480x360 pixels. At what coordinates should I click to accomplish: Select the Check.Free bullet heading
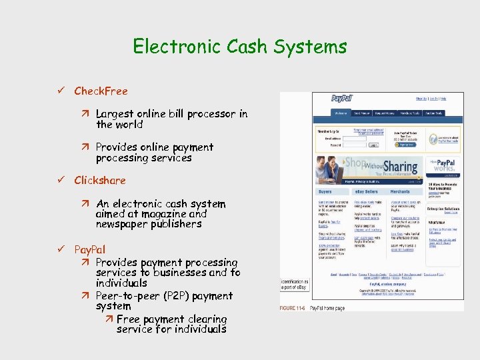[101, 91]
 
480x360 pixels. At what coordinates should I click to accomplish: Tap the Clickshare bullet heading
[100, 180]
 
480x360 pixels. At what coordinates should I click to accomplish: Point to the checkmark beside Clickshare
[61, 180]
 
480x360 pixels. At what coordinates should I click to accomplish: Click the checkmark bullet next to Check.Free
[61, 91]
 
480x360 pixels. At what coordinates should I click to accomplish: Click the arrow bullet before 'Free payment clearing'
[109, 319]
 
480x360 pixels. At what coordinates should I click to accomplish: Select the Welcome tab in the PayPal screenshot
[341, 113]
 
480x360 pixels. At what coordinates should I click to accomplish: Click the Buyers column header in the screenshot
[326, 191]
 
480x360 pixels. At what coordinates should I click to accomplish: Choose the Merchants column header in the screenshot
[400, 191]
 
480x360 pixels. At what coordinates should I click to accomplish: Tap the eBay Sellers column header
[366, 191]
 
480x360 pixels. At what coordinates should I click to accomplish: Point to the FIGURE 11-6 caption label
[292, 309]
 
